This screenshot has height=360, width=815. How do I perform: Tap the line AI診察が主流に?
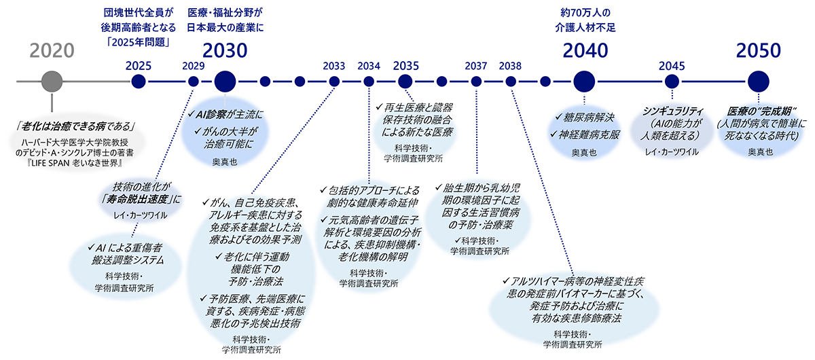pos(224,115)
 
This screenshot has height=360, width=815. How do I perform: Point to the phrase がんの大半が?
pos(229,130)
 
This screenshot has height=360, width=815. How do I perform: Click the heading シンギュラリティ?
pos(672,111)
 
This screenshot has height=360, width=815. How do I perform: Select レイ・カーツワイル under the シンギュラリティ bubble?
pos(671,151)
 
